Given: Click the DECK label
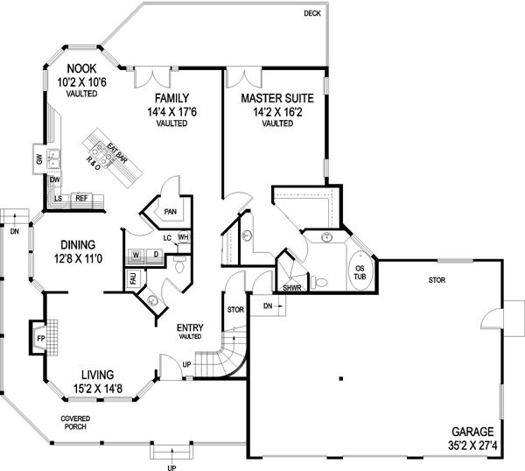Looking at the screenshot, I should coord(312,13).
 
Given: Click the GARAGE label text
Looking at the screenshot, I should coord(472,432).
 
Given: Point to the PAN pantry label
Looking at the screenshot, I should coord(170,211).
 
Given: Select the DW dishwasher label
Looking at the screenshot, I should coord(54,179).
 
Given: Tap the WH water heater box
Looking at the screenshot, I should coord(184,237).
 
